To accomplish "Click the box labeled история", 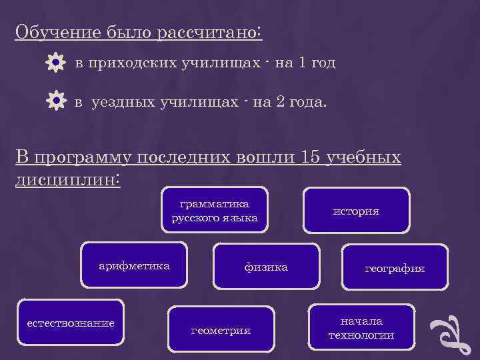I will point(356,211).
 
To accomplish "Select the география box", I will point(394,269).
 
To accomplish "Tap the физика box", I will point(266,267).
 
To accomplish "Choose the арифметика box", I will point(134,266).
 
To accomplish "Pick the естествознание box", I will point(70,324).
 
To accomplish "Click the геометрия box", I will point(221,329).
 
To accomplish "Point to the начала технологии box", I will point(361,328).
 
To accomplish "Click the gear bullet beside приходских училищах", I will point(56,63).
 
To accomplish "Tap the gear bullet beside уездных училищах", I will point(56,101).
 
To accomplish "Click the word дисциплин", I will point(66,179).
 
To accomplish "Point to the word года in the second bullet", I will point(305,102).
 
